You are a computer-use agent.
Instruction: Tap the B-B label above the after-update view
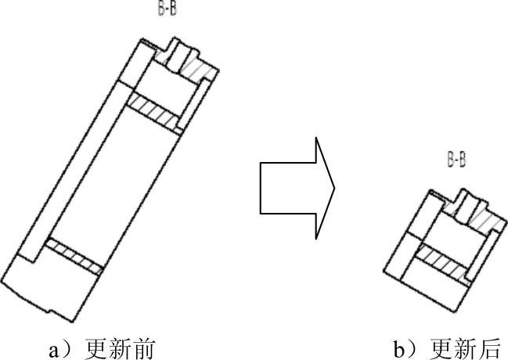click(456, 161)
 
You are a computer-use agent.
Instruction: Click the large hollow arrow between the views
click(294, 188)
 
